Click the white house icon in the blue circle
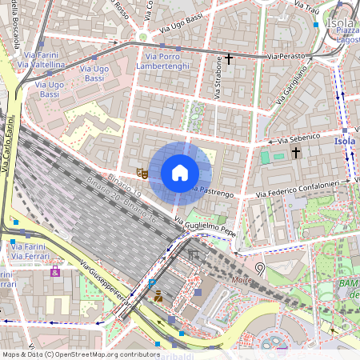(x=179, y=172)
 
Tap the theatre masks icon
(x=142, y=171)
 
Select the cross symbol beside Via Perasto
(x=229, y=58)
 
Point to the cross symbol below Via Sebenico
(x=295, y=152)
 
